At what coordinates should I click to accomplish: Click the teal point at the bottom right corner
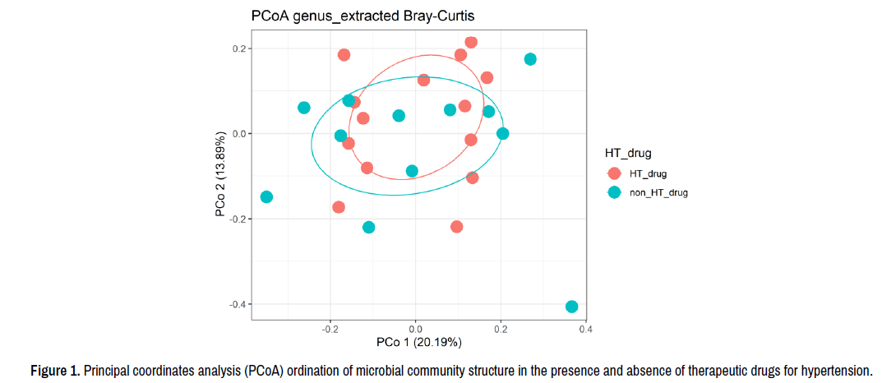tap(572, 307)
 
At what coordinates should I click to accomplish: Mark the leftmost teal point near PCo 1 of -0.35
tap(266, 197)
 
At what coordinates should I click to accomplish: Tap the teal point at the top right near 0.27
tap(530, 59)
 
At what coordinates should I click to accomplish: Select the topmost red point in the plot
tap(471, 42)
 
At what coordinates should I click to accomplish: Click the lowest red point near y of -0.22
tap(457, 226)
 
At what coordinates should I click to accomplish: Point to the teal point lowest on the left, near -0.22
tap(368, 227)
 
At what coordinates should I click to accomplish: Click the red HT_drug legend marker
tap(614, 173)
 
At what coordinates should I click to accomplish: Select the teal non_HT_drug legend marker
tap(614, 192)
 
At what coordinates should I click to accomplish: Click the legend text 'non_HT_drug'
tap(658, 193)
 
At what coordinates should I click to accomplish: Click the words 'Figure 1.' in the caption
tap(54, 370)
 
